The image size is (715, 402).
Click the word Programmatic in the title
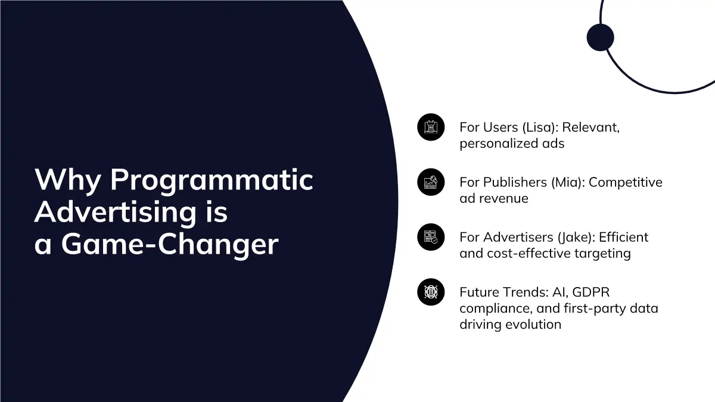[x=212, y=180]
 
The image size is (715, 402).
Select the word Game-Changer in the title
[x=170, y=245]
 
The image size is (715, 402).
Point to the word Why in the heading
[x=68, y=180]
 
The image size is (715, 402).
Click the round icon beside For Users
[x=431, y=127]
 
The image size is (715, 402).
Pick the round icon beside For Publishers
[x=431, y=182]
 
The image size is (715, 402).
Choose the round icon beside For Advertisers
[x=431, y=237]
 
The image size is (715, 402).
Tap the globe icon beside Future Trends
[x=431, y=292]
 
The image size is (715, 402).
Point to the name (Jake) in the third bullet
[x=577, y=238]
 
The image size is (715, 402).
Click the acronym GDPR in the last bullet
[x=591, y=292]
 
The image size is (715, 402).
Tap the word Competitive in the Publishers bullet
[x=626, y=183]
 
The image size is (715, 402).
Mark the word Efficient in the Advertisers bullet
[x=623, y=238]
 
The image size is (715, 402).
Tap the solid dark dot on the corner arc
[x=601, y=38]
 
